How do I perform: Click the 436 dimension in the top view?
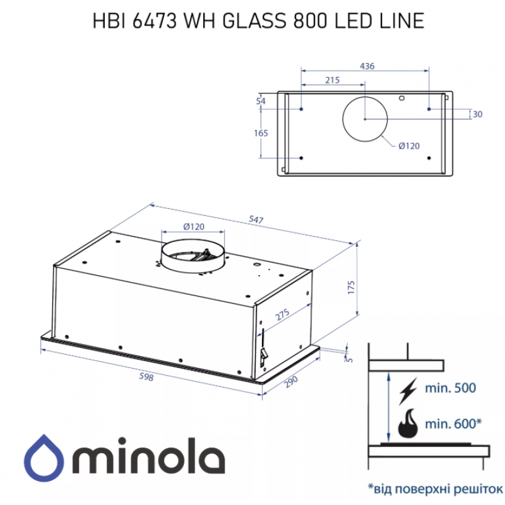pos(367,66)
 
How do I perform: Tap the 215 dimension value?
pos(332,80)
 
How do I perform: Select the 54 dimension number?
pos(261,101)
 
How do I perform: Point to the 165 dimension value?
pos(261,133)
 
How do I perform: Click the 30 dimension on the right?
pos(477,114)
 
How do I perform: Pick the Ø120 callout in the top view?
pos(409,146)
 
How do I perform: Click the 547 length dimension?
pos(256,220)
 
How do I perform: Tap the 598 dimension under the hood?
pos(146,376)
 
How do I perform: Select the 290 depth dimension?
pos(291,382)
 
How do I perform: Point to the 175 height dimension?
pos(351,287)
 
